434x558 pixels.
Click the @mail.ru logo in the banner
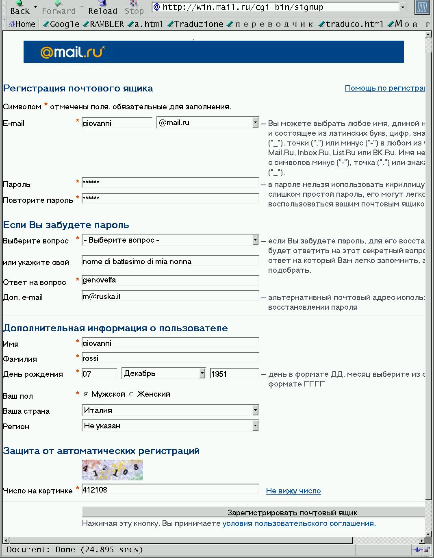[x=72, y=52]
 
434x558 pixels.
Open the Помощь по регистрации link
[x=384, y=88]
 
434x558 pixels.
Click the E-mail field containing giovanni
[x=117, y=123]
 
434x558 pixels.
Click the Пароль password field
[x=170, y=182]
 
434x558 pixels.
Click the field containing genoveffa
[x=170, y=280]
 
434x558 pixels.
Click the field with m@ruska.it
[x=170, y=296]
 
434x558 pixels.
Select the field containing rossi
[x=170, y=358]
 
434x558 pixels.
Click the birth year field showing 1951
[x=234, y=373]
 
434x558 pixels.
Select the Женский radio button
[x=131, y=394]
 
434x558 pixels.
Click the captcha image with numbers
[x=112, y=470]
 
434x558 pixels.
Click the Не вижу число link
[x=293, y=491]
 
